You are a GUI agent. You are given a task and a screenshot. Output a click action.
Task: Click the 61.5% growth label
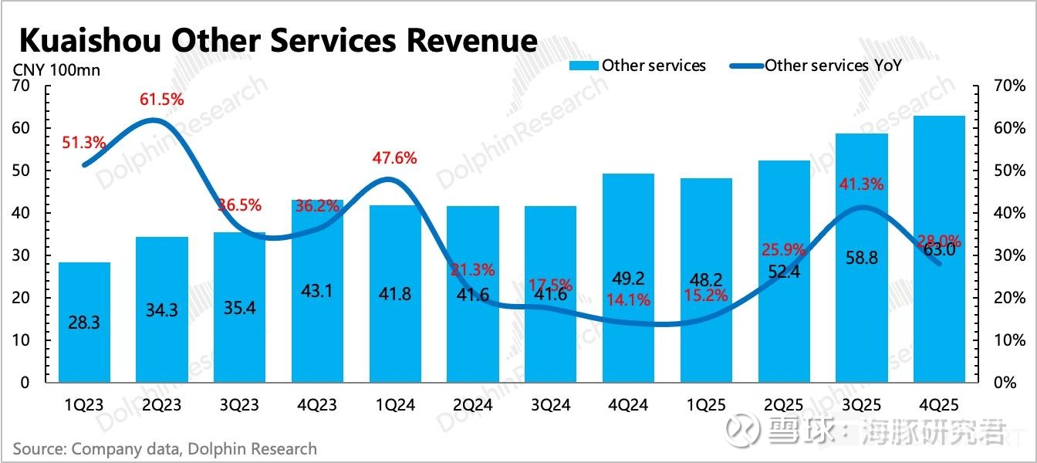pyautogui.click(x=162, y=100)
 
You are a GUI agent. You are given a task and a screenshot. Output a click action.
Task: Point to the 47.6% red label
pyautogui.click(x=395, y=158)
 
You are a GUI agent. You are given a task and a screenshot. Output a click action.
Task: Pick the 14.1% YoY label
pyautogui.click(x=628, y=299)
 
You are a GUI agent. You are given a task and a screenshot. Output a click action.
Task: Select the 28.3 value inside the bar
pyautogui.click(x=84, y=323)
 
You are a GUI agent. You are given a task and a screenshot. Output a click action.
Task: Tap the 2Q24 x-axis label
pyautogui.click(x=473, y=404)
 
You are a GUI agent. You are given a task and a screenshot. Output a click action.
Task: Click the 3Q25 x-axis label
pyautogui.click(x=862, y=404)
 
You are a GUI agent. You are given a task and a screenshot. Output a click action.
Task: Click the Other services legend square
pyautogui.click(x=583, y=66)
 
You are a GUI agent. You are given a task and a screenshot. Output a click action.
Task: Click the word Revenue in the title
pyautogui.click(x=472, y=39)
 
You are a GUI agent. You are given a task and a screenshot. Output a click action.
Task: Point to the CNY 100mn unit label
pyautogui.click(x=56, y=70)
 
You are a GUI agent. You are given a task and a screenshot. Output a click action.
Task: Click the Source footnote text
pyautogui.click(x=164, y=448)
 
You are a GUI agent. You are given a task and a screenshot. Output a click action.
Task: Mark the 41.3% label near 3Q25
pyautogui.click(x=862, y=184)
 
